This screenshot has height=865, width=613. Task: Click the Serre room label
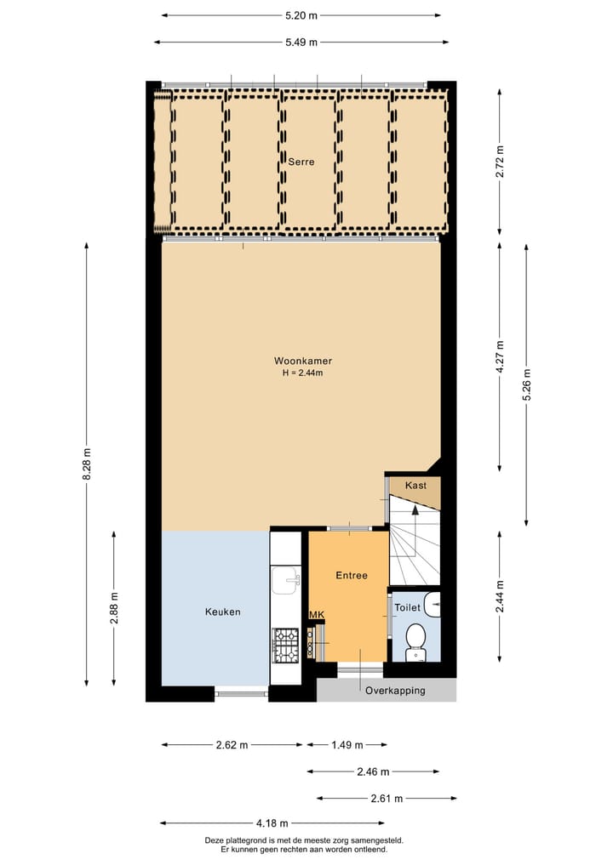(x=301, y=162)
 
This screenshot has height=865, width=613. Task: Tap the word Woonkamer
(x=302, y=361)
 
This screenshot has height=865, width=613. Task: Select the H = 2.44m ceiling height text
(x=302, y=373)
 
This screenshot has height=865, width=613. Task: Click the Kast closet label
(x=415, y=485)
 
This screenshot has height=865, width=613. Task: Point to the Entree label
(x=351, y=576)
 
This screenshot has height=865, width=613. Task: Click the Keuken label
(x=222, y=612)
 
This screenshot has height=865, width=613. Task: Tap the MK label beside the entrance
(x=317, y=615)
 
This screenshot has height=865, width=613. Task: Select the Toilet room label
(x=407, y=608)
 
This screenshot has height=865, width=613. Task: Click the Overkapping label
(x=395, y=691)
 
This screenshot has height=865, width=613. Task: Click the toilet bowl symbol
(x=415, y=639)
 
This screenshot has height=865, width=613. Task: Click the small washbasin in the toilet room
(x=433, y=605)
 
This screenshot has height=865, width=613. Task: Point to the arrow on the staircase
(x=415, y=510)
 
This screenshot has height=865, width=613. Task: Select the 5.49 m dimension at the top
(x=301, y=43)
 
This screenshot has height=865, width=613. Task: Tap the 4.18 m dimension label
(x=272, y=823)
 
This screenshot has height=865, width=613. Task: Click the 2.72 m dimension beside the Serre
(x=500, y=161)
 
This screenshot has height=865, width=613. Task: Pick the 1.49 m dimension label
(x=347, y=745)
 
